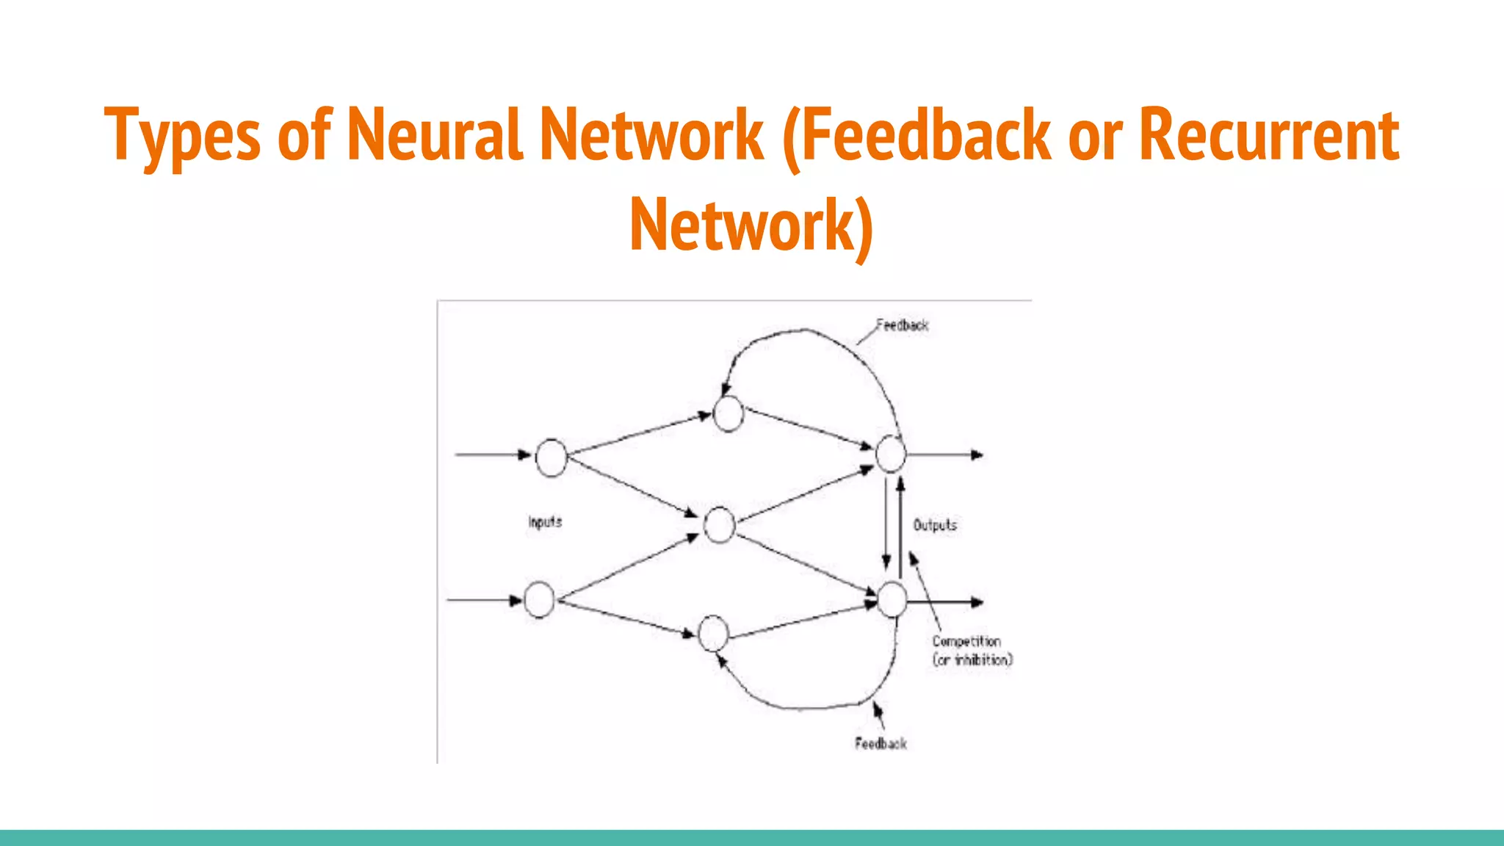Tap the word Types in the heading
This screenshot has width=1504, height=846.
point(182,136)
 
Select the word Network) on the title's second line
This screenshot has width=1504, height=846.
point(751,225)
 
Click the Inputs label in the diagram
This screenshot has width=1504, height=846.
point(545,522)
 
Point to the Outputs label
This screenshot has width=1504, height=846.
point(935,525)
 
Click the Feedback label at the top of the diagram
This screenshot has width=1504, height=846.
point(902,325)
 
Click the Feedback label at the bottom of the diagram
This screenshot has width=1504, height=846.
point(881,744)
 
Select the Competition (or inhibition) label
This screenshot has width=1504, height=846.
point(972,651)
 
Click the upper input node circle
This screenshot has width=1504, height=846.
point(551,458)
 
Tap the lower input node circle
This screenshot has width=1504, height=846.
point(539,599)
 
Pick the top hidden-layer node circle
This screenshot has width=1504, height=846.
point(728,413)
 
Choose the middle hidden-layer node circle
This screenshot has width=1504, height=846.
point(719,524)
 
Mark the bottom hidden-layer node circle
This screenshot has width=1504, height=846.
point(712,634)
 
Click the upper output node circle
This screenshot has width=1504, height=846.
point(891,454)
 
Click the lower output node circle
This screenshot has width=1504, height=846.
point(892,599)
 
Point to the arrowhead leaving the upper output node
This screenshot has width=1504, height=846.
point(977,455)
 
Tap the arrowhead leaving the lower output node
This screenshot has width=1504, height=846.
point(977,602)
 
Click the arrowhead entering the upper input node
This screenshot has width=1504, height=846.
point(524,455)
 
